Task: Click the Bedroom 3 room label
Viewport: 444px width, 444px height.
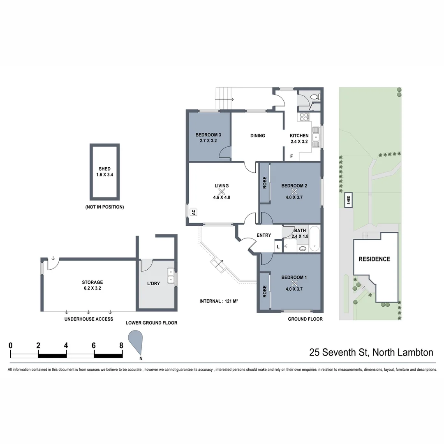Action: click(x=208, y=135)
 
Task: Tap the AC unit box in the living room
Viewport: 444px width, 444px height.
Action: click(x=192, y=212)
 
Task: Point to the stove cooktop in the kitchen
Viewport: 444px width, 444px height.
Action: click(x=305, y=117)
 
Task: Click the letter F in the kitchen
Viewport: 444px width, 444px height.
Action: click(x=291, y=157)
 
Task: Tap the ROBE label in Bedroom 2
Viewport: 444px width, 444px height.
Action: click(x=264, y=183)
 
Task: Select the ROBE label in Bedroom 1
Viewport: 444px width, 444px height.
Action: click(x=264, y=291)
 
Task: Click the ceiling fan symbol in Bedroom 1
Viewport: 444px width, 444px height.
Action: click(x=294, y=284)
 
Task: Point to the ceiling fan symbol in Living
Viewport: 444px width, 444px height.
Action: click(x=222, y=192)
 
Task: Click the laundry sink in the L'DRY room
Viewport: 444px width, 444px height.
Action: click(x=170, y=276)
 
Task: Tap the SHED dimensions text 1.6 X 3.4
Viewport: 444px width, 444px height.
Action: click(x=104, y=175)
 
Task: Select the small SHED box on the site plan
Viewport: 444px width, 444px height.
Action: click(x=349, y=200)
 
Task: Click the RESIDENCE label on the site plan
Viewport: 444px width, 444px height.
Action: click(x=374, y=259)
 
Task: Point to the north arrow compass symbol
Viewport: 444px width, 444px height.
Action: click(x=136, y=341)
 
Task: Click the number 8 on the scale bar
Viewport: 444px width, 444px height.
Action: click(x=121, y=345)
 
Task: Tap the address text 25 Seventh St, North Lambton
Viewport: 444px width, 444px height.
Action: click(x=371, y=352)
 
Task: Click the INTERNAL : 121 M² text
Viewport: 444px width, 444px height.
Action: click(x=219, y=301)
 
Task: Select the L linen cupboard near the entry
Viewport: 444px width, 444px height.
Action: click(x=278, y=247)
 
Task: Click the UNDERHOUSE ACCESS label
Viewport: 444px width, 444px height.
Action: click(x=89, y=319)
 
